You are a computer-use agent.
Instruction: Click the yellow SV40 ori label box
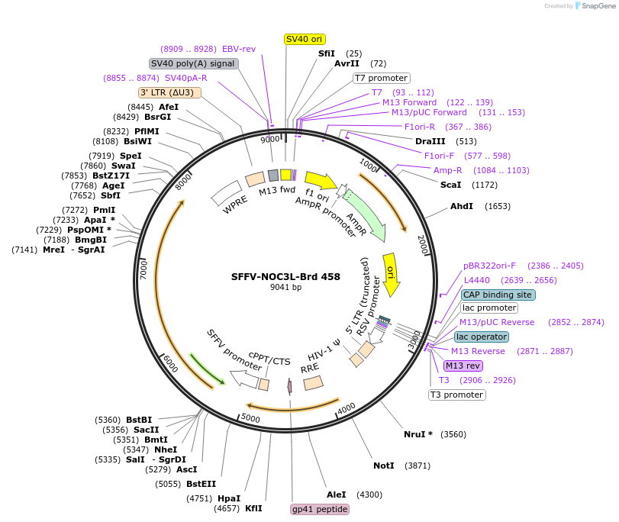coord(305,39)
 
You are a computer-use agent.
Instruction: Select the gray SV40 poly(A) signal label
coord(193,63)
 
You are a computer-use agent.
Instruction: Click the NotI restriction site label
coord(384,465)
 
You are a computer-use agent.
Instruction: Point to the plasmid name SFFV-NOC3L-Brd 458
coord(285,277)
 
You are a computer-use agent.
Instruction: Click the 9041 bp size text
coord(285,288)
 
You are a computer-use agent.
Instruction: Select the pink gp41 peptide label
coord(320,509)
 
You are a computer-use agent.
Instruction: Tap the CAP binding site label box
coord(498,295)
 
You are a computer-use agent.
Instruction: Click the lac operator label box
coord(481,337)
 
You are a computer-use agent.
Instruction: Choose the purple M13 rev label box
coord(463,366)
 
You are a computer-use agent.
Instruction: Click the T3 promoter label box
coord(456,395)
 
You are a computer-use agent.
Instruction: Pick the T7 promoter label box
coord(382,78)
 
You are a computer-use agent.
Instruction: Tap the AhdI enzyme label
coord(461,206)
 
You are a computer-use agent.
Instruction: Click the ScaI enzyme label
coord(450,185)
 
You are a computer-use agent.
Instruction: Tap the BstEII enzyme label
coord(201,484)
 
